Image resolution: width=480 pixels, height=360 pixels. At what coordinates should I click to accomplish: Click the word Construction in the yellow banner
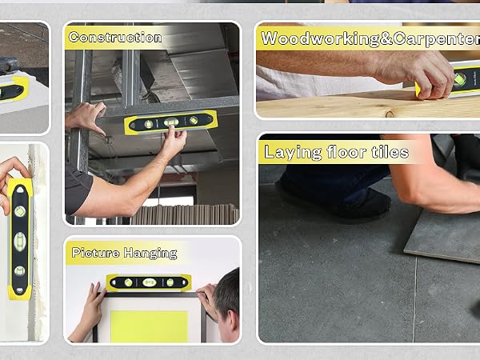(115, 38)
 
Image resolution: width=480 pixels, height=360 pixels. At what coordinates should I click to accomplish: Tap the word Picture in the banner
(95, 253)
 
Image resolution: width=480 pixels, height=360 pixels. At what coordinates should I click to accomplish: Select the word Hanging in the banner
(150, 254)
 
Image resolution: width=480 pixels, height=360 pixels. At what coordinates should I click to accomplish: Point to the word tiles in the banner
(390, 152)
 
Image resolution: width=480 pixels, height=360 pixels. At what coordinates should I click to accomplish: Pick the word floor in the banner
(346, 152)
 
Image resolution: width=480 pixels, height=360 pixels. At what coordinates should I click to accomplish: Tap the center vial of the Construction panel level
(171, 122)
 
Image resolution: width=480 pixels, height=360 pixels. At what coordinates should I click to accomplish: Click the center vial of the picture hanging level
(150, 282)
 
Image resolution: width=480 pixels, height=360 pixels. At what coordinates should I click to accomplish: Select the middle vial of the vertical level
(19, 242)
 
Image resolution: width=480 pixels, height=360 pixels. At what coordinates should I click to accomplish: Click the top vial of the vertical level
(20, 211)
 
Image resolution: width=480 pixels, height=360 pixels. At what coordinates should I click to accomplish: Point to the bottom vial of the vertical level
(19, 270)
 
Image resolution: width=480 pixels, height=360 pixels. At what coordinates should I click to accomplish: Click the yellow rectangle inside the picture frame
(149, 326)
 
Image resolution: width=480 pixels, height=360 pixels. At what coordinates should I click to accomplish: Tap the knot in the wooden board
(390, 114)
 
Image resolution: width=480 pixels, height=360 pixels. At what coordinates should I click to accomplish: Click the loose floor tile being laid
(443, 236)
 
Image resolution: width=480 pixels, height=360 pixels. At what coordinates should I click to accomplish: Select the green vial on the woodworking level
(460, 79)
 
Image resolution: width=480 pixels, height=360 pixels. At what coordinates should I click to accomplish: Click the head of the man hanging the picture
(226, 305)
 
